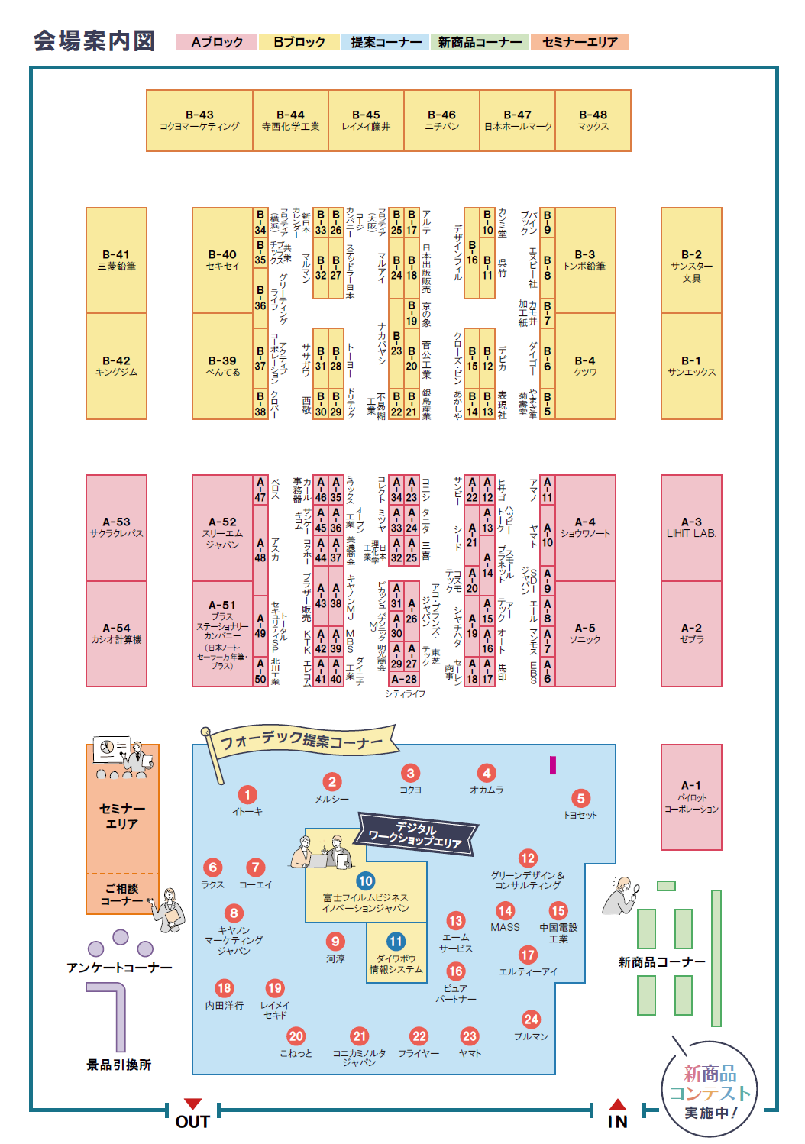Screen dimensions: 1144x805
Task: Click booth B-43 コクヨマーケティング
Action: [199, 121]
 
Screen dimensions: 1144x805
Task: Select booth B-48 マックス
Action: [593, 121]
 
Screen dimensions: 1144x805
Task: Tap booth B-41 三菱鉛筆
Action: [116, 260]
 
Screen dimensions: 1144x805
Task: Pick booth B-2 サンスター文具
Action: [691, 260]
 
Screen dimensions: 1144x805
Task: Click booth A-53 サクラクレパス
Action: [116, 528]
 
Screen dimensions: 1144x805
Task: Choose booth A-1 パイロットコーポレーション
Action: [691, 797]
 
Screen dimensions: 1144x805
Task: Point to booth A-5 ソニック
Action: [585, 633]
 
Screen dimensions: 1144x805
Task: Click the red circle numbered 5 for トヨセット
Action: [580, 799]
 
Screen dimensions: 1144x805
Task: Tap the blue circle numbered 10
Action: [366, 881]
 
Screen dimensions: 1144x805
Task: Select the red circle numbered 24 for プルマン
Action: [531, 1020]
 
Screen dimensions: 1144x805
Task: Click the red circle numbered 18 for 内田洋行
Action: [225, 988]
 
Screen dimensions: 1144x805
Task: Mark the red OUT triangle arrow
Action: [193, 1104]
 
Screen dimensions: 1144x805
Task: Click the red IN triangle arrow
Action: [618, 1104]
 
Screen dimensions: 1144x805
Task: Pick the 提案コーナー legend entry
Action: [386, 42]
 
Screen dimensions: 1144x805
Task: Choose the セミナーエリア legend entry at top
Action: [580, 42]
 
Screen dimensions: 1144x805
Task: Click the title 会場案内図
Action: [94, 41]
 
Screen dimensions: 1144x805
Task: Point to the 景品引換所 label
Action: [118, 1065]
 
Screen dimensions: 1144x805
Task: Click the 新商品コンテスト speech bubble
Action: [710, 1091]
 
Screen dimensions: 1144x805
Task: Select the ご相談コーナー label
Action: [122, 894]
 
